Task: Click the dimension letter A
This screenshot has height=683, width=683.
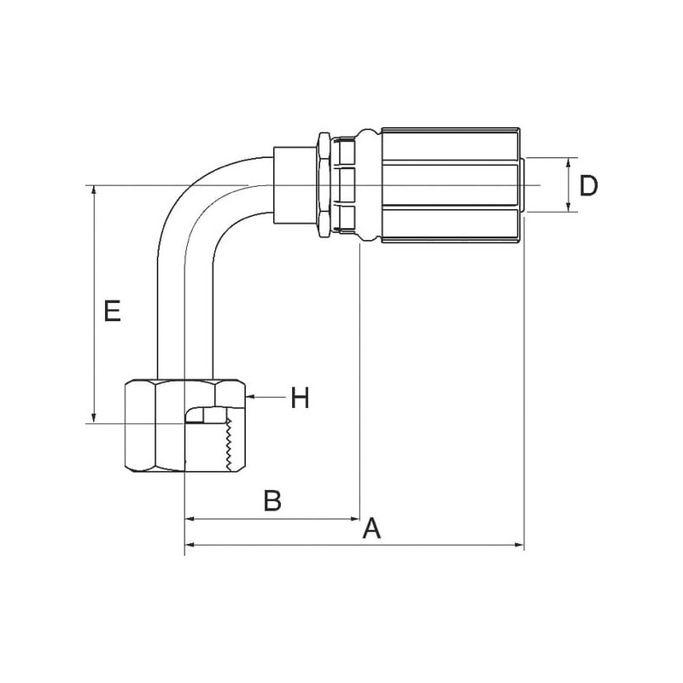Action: [x=371, y=528]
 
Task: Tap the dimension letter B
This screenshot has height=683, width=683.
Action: [x=272, y=500]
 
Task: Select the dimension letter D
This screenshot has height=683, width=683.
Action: [x=588, y=185]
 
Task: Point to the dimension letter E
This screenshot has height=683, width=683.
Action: [x=112, y=311]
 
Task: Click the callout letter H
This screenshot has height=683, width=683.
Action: [x=301, y=398]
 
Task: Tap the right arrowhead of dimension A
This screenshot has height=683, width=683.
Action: [x=519, y=545]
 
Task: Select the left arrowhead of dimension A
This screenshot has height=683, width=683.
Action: [x=190, y=545]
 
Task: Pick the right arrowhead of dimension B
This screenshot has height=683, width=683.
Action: [x=355, y=519]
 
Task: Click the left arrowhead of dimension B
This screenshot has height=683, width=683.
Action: [x=190, y=519]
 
